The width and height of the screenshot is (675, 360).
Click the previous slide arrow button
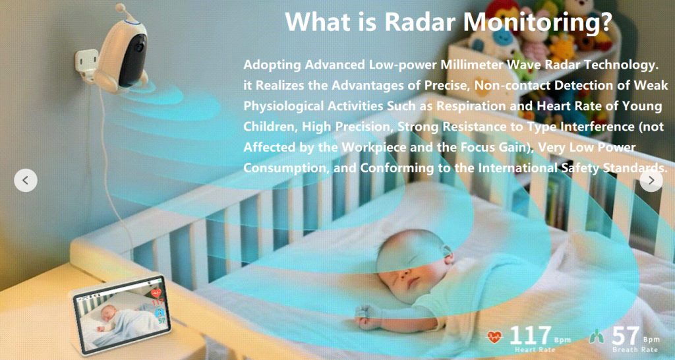(x=26, y=181)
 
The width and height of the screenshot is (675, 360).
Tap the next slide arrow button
(x=651, y=181)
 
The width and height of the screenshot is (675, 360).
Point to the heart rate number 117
(x=531, y=335)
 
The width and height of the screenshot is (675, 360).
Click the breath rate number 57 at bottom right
(x=626, y=335)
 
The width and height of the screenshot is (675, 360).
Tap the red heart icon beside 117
(x=494, y=336)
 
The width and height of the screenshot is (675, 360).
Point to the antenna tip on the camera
(x=120, y=7)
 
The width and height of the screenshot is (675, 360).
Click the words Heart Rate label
(x=535, y=350)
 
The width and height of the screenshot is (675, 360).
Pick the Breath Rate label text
(x=635, y=350)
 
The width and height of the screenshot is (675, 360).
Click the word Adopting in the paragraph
(x=272, y=65)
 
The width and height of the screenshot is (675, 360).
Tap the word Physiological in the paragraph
(x=283, y=106)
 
